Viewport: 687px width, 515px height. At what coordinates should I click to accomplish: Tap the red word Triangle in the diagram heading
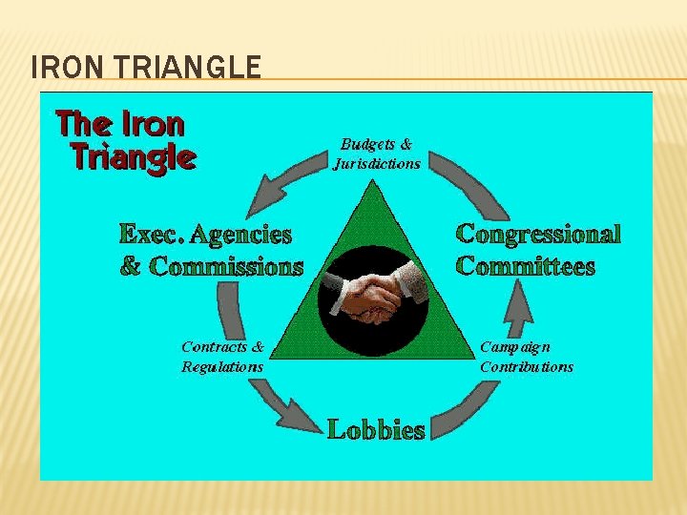pos(134,155)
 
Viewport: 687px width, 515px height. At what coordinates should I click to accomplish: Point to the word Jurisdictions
pos(376,163)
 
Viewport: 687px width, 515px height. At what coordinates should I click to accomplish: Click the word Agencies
pos(244,234)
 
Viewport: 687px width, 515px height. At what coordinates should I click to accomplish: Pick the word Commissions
pos(226,266)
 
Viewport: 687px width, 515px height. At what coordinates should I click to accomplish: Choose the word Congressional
pos(538,234)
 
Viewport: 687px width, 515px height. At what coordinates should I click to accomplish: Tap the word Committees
pos(525,266)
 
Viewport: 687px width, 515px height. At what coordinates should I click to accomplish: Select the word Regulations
pos(222,366)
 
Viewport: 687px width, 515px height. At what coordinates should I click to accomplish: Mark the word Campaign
pos(514,347)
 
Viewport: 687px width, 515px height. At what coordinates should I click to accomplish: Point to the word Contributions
pos(527,366)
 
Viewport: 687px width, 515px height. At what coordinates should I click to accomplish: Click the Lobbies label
pos(376,430)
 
